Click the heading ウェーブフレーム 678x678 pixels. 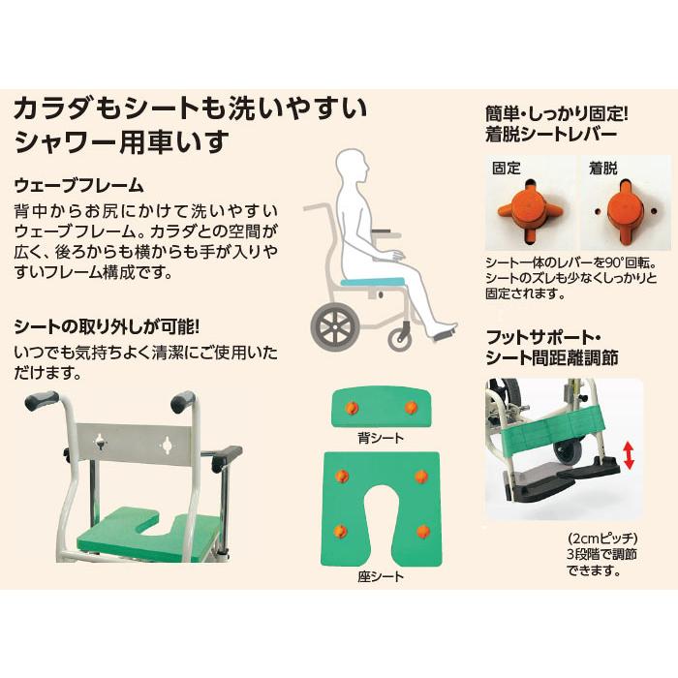coord(78,185)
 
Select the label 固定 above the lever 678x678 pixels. coord(507,167)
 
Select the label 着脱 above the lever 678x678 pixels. coord(602,167)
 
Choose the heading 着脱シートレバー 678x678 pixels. coord(550,135)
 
